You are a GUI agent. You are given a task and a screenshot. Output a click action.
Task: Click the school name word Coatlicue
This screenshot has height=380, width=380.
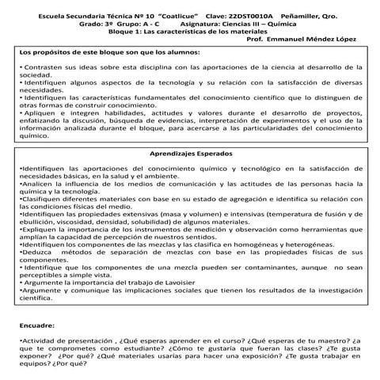coord(158,15)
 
